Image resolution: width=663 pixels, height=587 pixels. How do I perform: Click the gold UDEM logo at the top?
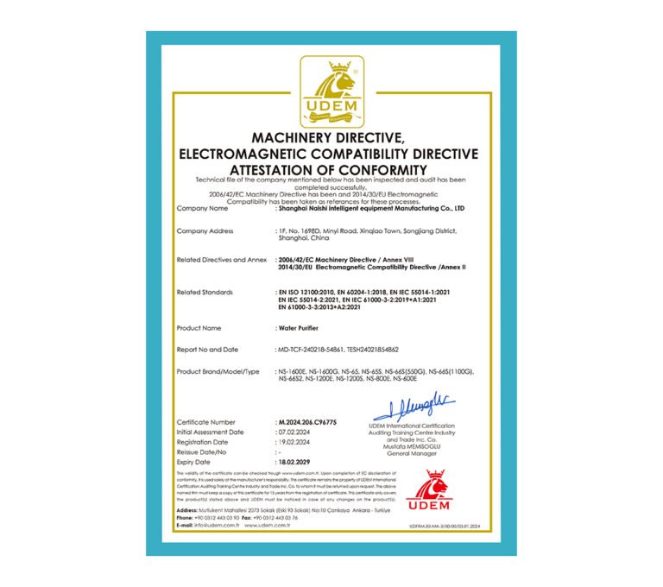(331, 91)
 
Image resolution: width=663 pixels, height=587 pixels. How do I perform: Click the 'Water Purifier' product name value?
(299, 328)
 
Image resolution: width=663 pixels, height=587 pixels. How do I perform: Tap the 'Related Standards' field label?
(205, 293)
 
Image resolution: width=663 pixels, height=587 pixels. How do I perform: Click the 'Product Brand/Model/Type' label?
(218, 370)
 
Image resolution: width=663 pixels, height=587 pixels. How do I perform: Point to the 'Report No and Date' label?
(207, 350)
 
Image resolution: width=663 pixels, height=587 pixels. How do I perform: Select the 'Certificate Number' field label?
(205, 422)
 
